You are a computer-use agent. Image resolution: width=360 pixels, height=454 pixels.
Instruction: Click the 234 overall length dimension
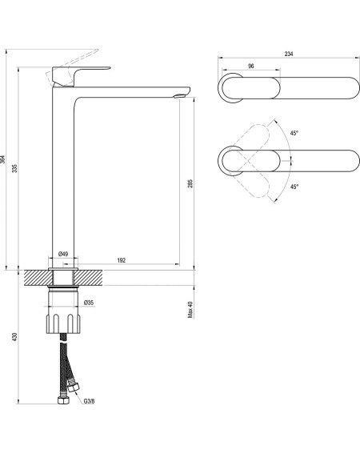(x=289, y=54)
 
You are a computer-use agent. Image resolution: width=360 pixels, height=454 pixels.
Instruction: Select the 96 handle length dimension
(x=251, y=66)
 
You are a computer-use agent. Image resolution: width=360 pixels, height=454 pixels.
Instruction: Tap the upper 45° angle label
(x=294, y=133)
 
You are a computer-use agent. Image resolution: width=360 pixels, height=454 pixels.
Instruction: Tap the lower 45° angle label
(x=294, y=187)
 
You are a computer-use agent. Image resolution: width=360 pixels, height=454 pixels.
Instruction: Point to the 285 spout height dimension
(x=190, y=183)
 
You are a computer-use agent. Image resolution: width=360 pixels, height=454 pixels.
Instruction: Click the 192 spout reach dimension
(x=122, y=260)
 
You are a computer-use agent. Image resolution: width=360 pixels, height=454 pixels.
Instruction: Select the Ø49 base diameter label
(x=63, y=254)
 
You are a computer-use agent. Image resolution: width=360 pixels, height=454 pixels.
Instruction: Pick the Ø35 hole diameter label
(x=89, y=303)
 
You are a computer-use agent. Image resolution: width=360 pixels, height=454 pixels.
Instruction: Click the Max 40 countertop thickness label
(x=190, y=310)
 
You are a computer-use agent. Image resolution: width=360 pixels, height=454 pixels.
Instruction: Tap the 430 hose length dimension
(x=14, y=337)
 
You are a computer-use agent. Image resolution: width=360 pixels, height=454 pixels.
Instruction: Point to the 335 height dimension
(x=14, y=168)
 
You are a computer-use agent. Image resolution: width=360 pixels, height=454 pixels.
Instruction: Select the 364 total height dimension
(x=2, y=159)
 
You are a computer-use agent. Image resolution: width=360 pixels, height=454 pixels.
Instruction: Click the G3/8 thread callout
(x=89, y=401)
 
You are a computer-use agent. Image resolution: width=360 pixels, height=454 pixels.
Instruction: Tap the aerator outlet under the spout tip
(x=180, y=95)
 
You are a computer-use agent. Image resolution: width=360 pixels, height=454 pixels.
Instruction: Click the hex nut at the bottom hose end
(x=63, y=400)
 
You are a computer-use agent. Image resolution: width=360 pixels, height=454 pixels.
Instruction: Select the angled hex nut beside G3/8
(x=74, y=388)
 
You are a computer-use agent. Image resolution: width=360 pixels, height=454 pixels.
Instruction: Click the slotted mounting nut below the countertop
(x=63, y=323)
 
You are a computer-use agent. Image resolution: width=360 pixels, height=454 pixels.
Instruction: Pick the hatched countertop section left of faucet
(x=37, y=278)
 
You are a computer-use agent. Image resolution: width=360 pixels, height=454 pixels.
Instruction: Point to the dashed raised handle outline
(x=72, y=67)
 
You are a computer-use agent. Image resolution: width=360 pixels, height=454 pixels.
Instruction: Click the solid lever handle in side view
(x=78, y=76)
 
